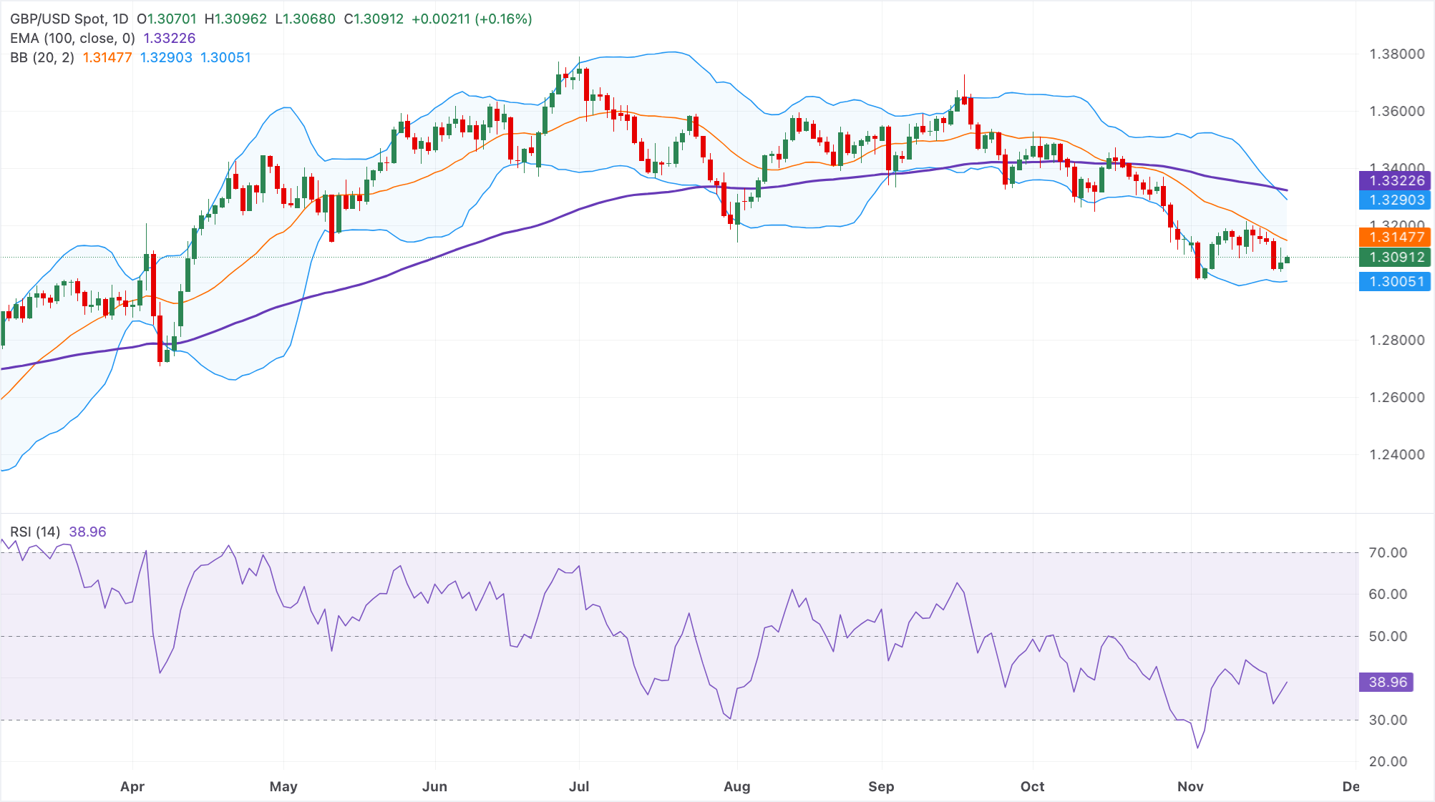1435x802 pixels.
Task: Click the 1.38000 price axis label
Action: [x=1396, y=54]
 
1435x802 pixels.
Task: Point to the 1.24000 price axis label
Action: [x=1396, y=454]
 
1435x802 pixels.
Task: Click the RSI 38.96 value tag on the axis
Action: [x=1387, y=682]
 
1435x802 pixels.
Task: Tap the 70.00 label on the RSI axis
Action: [x=1388, y=552]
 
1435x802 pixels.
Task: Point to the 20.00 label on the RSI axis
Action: [x=1388, y=761]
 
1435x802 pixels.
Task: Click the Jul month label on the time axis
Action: [x=579, y=786]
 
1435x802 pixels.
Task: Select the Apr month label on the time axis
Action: [x=132, y=786]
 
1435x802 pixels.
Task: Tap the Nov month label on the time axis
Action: [x=1190, y=786]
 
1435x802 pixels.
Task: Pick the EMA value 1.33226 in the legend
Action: [x=169, y=38]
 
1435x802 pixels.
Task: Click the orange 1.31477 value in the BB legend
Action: [x=107, y=57]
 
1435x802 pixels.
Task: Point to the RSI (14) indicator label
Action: [x=35, y=532]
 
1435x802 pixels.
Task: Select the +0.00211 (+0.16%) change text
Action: [x=472, y=19]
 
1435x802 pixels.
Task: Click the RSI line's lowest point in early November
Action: [x=1197, y=748]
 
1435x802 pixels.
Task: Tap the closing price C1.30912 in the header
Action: [x=374, y=19]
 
